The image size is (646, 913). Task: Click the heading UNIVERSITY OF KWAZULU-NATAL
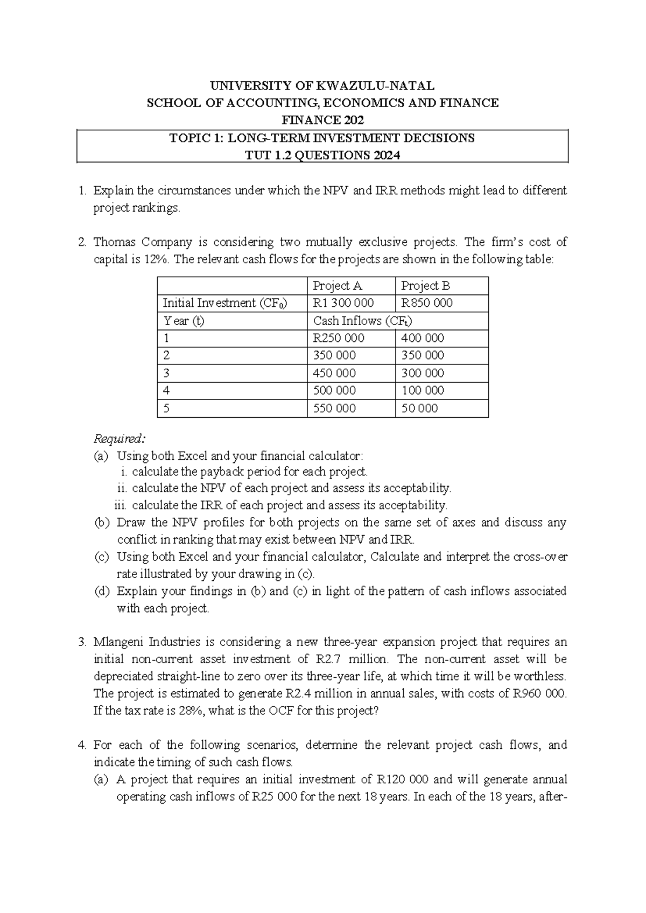[322, 86]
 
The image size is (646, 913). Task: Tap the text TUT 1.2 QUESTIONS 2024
[322, 156]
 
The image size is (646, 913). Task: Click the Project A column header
[337, 286]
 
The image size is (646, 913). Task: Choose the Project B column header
[425, 286]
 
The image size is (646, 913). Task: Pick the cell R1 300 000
[343, 303]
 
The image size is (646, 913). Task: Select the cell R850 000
[426, 303]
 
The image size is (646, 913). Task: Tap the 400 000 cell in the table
[423, 338]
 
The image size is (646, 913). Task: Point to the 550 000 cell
[334, 408]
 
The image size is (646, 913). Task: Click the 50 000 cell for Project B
[419, 408]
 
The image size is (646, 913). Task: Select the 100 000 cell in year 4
[423, 390]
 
